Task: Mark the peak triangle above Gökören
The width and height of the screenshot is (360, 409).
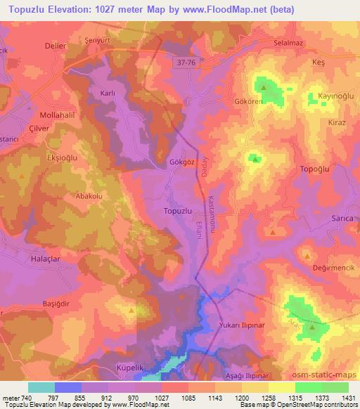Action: point(264,88)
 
